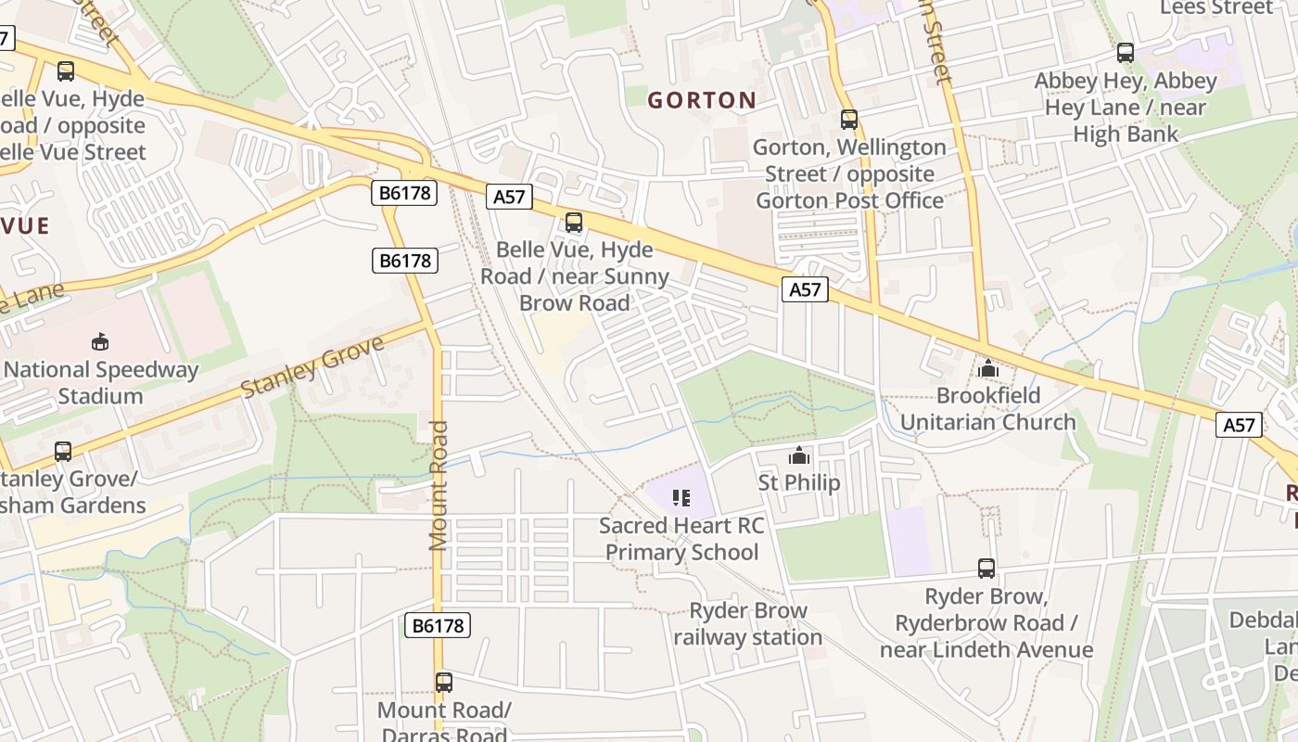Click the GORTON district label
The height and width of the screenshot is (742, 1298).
click(x=701, y=100)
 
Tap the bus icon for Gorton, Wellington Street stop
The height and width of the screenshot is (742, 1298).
click(x=848, y=120)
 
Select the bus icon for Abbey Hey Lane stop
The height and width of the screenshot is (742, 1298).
click(x=1126, y=53)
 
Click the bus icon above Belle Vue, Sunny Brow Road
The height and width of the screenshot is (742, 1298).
click(x=574, y=223)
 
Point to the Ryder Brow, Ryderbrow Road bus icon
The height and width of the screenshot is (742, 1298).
click(x=986, y=569)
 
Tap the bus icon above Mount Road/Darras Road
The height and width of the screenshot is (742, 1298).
click(x=444, y=683)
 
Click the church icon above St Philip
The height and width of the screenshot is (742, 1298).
click(x=798, y=455)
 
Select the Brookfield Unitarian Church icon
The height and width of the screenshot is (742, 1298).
click(x=987, y=368)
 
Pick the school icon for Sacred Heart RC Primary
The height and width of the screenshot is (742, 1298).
click(x=681, y=498)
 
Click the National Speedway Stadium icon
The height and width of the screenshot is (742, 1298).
click(x=100, y=341)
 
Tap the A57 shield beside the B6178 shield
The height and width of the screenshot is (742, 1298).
click(x=509, y=197)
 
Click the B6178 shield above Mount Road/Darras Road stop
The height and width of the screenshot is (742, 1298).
click(x=438, y=626)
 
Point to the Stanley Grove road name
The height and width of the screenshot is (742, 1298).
click(x=312, y=367)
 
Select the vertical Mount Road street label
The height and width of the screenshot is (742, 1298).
click(x=439, y=485)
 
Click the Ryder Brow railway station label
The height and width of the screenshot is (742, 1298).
click(x=747, y=624)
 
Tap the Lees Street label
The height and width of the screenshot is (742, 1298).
click(x=1216, y=8)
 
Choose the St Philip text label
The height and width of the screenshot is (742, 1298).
click(x=798, y=482)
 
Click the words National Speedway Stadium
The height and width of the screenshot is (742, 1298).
click(x=100, y=383)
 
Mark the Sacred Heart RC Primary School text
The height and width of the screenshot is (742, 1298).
click(x=681, y=539)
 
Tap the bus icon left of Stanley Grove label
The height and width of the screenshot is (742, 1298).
click(x=63, y=452)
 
